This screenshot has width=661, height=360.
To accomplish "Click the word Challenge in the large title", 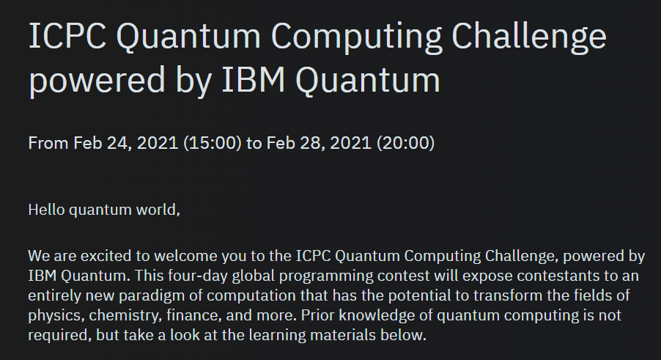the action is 528,37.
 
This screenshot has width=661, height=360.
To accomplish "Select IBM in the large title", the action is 254,80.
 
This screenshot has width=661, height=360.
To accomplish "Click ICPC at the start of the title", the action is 67,36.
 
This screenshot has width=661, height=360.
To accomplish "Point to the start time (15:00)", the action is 213,143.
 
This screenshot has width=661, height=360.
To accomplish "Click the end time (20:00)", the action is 405,143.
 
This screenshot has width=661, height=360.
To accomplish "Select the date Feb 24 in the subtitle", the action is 103,143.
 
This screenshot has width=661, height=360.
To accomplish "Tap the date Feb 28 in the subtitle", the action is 296,143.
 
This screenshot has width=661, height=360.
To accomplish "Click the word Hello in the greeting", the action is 46,210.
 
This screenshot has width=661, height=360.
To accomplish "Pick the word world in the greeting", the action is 158,210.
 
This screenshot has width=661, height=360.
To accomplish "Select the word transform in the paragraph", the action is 508,295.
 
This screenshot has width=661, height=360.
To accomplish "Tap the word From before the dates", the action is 48,143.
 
